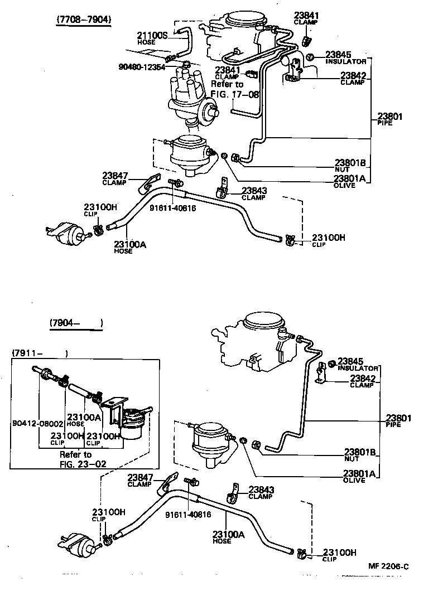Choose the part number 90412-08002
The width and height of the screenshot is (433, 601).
coord(37,423)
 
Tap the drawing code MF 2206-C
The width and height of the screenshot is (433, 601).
coord(388,566)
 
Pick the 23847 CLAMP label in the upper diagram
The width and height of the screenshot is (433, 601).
coord(115,178)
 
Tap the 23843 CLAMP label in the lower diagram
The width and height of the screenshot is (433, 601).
coord(261,492)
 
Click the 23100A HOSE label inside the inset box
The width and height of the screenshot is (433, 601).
coord(84,419)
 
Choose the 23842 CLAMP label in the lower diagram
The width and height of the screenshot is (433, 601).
coord(362,381)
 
